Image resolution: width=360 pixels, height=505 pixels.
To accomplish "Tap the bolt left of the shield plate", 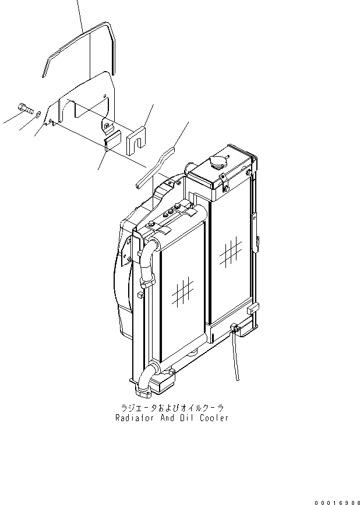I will (x=25, y=108).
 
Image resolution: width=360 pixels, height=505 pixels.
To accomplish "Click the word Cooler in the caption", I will (x=213, y=418).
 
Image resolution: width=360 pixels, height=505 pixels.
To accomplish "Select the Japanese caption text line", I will (x=172, y=408).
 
